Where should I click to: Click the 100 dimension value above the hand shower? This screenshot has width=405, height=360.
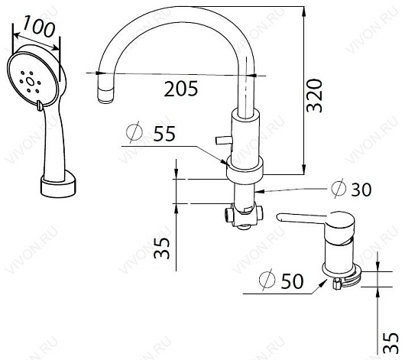[39, 26]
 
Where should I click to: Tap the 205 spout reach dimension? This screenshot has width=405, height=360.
[181, 89]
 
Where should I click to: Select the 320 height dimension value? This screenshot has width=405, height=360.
[314, 96]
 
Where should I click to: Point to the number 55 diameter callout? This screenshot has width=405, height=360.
[164, 133]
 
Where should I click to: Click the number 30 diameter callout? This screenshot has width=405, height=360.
[361, 190]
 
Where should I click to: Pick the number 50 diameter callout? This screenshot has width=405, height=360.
[292, 281]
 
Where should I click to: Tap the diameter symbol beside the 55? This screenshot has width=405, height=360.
[134, 132]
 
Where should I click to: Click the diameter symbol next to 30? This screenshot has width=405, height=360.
[339, 188]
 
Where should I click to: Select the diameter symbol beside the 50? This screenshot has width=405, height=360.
[267, 280]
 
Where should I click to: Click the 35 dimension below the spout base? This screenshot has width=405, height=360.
[162, 248]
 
